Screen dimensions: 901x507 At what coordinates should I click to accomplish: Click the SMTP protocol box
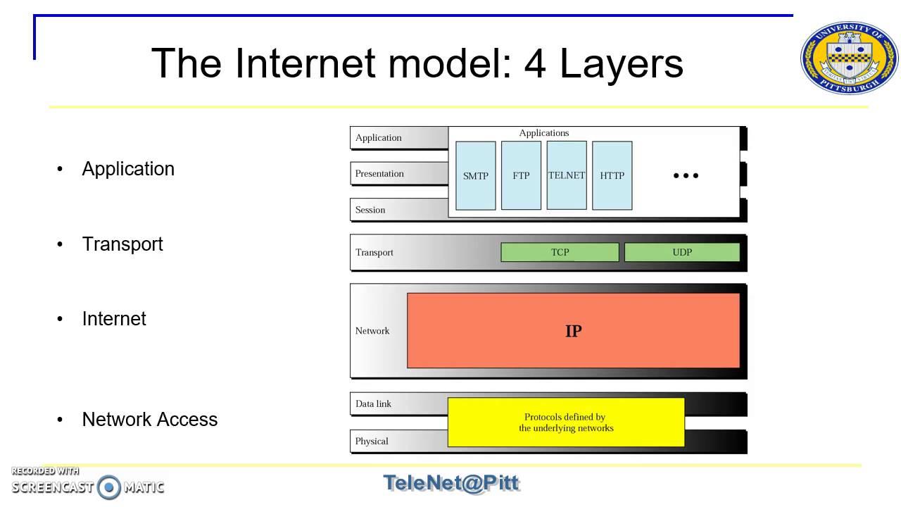(475, 175)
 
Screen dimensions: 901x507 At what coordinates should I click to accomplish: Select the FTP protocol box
(521, 175)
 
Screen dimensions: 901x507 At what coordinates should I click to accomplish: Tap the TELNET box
(567, 175)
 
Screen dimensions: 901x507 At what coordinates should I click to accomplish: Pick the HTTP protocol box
(612, 175)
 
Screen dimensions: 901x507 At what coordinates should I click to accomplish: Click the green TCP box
(560, 252)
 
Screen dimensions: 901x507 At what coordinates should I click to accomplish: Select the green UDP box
(682, 252)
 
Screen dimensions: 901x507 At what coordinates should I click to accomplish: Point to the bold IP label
(573, 331)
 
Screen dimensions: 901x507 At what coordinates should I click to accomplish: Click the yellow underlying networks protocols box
(566, 422)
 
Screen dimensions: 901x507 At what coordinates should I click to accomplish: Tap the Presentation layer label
(379, 173)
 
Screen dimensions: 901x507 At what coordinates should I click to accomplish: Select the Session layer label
(370, 210)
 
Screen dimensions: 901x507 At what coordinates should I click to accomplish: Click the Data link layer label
(373, 403)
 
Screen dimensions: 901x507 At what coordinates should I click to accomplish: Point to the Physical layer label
(372, 441)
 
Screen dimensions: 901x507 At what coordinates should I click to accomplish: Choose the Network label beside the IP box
(372, 331)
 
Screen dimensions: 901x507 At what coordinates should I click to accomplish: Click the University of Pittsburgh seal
(849, 58)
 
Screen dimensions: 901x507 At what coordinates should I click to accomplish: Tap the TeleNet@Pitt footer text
(451, 483)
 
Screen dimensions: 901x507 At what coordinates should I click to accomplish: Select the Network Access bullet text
(150, 419)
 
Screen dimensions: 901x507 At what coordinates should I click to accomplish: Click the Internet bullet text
(114, 319)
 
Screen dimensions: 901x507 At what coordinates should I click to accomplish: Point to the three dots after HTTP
(686, 175)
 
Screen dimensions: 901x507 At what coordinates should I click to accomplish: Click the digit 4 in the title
(535, 63)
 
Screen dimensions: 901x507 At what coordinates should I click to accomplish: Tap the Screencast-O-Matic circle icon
(108, 487)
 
